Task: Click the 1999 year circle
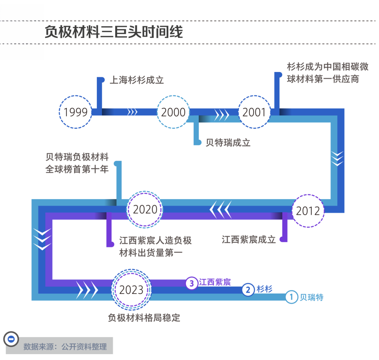pyautogui.click(x=76, y=112)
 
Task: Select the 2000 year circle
pyautogui.click(x=173, y=112)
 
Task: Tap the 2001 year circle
pyautogui.click(x=254, y=112)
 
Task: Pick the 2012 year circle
pyautogui.click(x=308, y=211)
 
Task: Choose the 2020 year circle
pyautogui.click(x=145, y=210)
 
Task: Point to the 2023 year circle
pyautogui.click(x=132, y=290)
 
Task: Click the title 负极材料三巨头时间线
pyautogui.click(x=114, y=32)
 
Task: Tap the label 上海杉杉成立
pyautogui.click(x=137, y=80)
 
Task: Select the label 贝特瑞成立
pyautogui.click(x=228, y=142)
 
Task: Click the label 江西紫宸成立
pyautogui.click(x=248, y=240)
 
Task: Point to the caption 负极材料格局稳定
pyautogui.click(x=144, y=318)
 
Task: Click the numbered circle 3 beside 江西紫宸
pyautogui.click(x=192, y=283)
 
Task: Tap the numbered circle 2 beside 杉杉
pyautogui.click(x=248, y=290)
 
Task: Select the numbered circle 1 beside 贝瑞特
pyautogui.click(x=291, y=297)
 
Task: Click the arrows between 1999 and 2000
pyautogui.click(x=132, y=112)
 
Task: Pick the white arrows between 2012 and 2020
pyautogui.click(x=220, y=210)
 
